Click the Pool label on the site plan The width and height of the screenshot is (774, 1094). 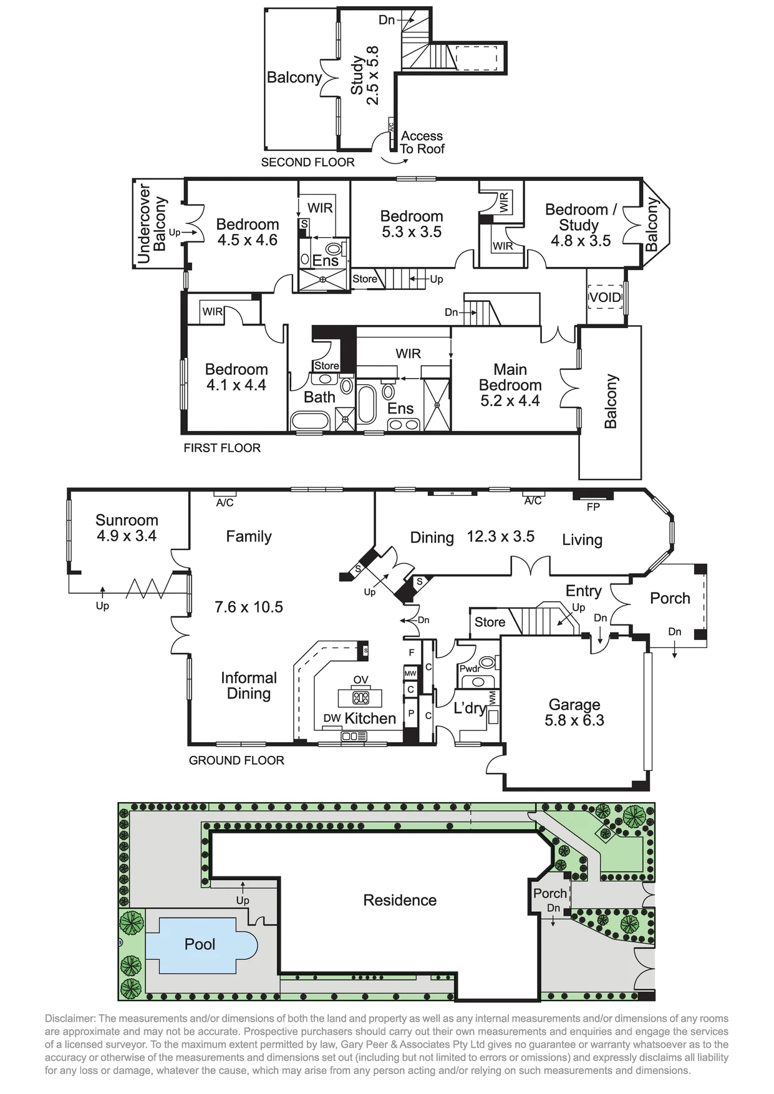(x=200, y=944)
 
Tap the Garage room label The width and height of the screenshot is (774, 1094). (x=574, y=705)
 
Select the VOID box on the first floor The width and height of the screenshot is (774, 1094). (x=606, y=298)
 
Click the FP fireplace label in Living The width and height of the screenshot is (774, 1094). (x=593, y=507)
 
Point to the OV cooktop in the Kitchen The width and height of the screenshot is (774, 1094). (x=361, y=697)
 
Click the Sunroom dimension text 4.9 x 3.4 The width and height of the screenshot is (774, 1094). (x=127, y=536)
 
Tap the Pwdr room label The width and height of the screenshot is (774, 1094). (x=470, y=669)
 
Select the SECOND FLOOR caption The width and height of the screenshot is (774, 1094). (x=307, y=162)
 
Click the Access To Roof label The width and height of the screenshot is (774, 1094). (x=422, y=142)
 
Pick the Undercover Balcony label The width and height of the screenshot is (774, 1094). (x=152, y=224)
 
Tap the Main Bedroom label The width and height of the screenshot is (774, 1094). (x=510, y=377)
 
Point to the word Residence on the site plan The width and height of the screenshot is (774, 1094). (x=400, y=900)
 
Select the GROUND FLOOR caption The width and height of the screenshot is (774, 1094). (x=236, y=760)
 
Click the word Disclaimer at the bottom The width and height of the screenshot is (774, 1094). (x=70, y=1019)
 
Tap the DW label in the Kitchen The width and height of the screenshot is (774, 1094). (x=332, y=719)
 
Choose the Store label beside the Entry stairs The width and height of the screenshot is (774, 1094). (x=490, y=622)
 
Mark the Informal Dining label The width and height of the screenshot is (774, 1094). (x=249, y=685)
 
